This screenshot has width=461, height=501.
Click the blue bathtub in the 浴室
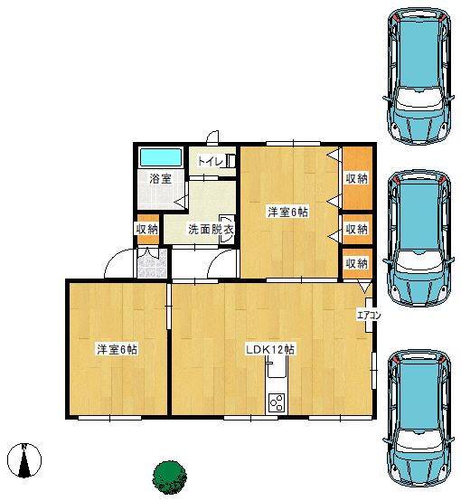coord(161,157)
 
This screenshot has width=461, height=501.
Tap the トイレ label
coord(211,161)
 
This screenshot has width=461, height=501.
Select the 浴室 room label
coord(160,179)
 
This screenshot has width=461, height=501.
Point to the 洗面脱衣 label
coord(211,229)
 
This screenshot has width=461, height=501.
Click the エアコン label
coord(369,316)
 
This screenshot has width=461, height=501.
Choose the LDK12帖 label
coord(270,349)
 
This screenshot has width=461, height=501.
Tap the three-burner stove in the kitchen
coord(277,403)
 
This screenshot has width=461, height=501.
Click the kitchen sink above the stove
coord(277,367)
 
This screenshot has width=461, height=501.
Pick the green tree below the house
coord(169,477)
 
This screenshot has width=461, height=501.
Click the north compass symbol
coord(24,460)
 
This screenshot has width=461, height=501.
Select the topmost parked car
coord(419,76)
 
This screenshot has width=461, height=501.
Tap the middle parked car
coord(419,239)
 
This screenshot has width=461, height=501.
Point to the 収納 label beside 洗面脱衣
coord(147,229)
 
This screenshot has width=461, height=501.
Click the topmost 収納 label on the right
coord(356,179)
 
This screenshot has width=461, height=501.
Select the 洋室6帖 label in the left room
coord(118,349)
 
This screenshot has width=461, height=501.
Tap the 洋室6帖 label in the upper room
coord(287,212)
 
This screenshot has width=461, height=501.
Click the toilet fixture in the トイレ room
coord(230,161)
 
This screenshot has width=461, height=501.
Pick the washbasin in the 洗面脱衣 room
coord(226,230)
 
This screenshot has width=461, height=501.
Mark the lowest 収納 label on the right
coord(356,263)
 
